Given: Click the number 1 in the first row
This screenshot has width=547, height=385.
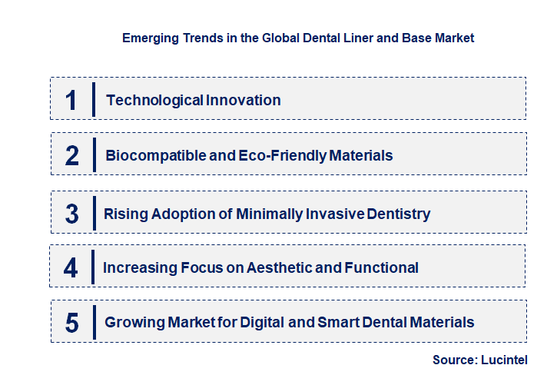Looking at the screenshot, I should (71, 100).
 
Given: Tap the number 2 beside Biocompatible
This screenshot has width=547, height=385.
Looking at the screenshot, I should (72, 156).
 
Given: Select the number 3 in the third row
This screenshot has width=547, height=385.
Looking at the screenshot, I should (71, 214).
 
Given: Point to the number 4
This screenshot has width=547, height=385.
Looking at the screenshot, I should (71, 267).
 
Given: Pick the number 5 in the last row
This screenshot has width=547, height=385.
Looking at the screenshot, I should (72, 323).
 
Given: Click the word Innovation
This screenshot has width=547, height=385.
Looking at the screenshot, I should (243, 100).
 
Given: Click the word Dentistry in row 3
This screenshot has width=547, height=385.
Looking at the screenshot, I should (396, 214).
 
